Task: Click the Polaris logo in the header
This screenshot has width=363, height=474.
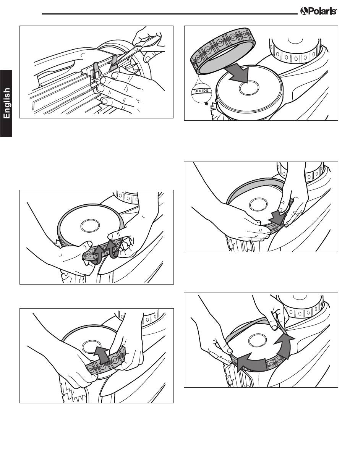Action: tap(318, 11)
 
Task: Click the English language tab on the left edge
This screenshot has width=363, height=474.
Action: tap(6, 103)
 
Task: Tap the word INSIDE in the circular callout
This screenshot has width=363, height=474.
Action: tap(201, 91)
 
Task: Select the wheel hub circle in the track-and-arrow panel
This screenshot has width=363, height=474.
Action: tap(249, 88)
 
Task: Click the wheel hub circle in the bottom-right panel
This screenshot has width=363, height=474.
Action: tap(258, 340)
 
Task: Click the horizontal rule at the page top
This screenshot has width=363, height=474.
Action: tap(170, 14)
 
